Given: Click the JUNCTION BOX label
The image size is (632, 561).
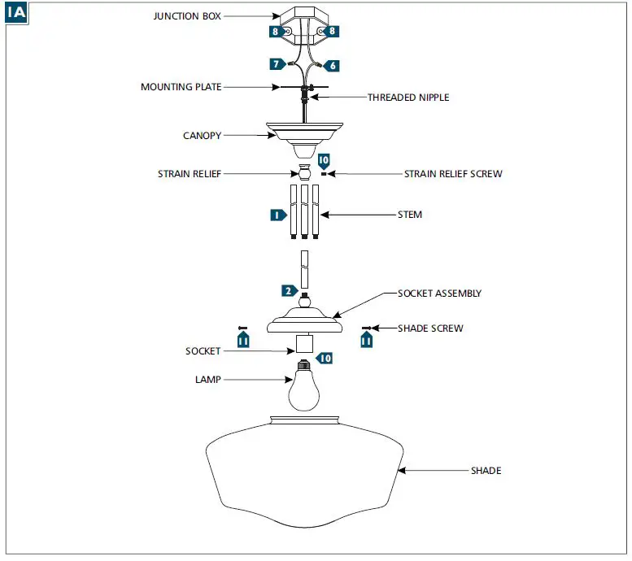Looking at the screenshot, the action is pyautogui.click(x=187, y=16).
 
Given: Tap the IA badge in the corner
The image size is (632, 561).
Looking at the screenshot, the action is pyautogui.click(x=16, y=13).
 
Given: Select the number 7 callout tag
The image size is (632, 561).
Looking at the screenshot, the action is pyautogui.click(x=277, y=64).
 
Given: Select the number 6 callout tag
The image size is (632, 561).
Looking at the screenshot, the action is pyautogui.click(x=331, y=66).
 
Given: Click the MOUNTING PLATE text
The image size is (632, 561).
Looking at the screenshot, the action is pyautogui.click(x=181, y=87).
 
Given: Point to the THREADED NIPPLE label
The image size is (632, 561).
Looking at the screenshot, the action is pyautogui.click(x=408, y=98).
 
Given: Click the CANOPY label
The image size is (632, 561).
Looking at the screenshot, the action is pyautogui.click(x=202, y=136).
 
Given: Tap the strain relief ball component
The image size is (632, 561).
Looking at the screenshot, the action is pyautogui.click(x=304, y=172).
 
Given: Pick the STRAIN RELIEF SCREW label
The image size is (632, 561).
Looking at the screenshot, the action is pyautogui.click(x=453, y=174).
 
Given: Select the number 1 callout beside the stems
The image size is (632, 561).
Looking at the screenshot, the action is pyautogui.click(x=278, y=215).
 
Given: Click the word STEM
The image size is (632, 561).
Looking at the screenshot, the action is pyautogui.click(x=409, y=215).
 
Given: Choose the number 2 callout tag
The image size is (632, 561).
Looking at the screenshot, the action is pyautogui.click(x=290, y=290).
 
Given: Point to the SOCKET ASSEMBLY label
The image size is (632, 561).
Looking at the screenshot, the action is pyautogui.click(x=439, y=294).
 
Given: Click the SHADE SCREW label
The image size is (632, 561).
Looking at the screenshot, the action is pyautogui.click(x=430, y=328).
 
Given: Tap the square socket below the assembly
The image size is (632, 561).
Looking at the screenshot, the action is pyautogui.click(x=304, y=344).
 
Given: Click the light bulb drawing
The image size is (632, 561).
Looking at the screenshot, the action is pyautogui.click(x=304, y=386).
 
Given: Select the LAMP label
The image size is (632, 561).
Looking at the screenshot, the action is pyautogui.click(x=208, y=380).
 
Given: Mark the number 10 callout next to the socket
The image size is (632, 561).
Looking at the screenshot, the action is pyautogui.click(x=325, y=358).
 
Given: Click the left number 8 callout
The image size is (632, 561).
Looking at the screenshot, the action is pyautogui.click(x=277, y=32).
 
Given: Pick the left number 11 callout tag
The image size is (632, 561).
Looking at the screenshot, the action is pyautogui.click(x=243, y=340).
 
